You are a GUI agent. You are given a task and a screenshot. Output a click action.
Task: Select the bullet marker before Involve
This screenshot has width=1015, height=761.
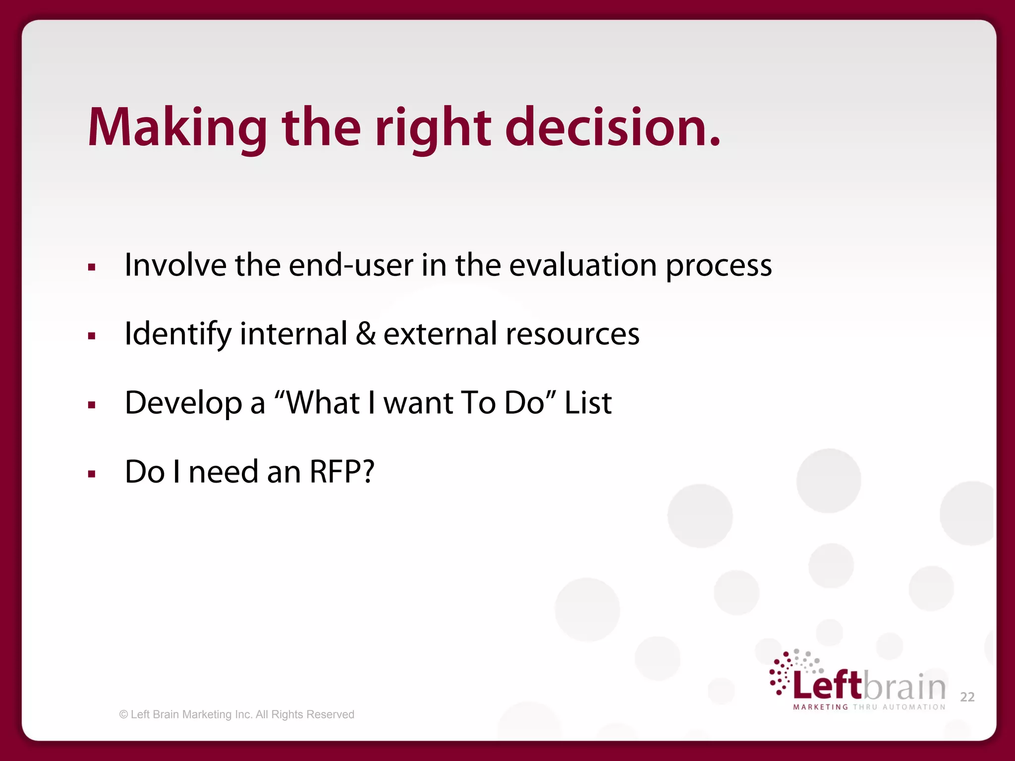coord(91,268)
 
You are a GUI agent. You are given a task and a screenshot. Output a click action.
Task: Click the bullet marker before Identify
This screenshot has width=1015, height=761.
coord(91,336)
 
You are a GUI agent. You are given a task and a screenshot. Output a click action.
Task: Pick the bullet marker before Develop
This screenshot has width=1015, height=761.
coord(91,405)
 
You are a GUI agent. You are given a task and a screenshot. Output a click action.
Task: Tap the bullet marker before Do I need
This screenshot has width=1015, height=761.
coord(91,474)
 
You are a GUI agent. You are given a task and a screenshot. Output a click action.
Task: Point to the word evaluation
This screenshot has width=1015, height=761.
coord(583,265)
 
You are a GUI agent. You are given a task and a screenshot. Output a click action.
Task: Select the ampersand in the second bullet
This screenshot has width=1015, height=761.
coord(366,333)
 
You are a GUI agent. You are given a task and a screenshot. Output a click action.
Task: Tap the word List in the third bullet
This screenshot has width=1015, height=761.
coord(588,402)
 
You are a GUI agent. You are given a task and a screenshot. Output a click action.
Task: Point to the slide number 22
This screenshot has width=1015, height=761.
coord(967,697)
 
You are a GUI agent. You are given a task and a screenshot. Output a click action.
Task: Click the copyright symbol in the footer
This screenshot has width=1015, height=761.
coord(123,714)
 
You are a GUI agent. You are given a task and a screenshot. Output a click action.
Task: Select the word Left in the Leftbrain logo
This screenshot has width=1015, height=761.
coord(827,685)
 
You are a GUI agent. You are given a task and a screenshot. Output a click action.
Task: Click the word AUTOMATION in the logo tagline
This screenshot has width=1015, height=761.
coord(914,707)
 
